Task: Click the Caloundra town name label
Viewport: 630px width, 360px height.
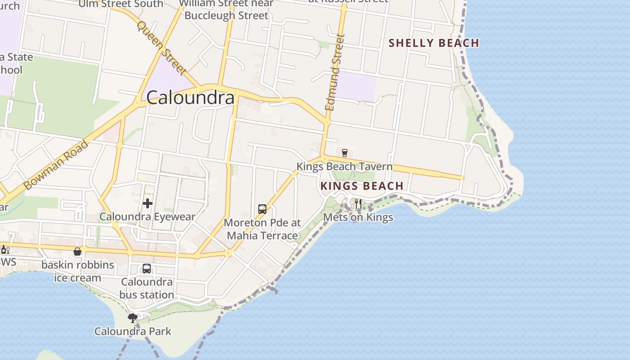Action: point(190,98)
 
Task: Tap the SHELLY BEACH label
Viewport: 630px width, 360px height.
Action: point(433,43)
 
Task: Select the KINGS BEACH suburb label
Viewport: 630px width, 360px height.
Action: point(362,186)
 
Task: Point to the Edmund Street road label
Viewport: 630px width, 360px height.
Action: point(335,72)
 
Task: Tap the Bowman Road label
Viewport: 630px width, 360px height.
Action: point(55,165)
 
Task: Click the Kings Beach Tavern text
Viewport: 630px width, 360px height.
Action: point(344,166)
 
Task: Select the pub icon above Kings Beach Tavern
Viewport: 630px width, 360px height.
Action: point(345,153)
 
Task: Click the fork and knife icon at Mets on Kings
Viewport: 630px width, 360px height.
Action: point(358,204)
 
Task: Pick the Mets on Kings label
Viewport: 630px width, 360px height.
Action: point(358,217)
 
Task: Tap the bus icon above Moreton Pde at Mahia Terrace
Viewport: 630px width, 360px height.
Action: point(262,209)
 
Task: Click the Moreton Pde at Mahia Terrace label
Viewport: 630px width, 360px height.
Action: point(262,229)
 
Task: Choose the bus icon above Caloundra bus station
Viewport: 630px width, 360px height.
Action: point(147,269)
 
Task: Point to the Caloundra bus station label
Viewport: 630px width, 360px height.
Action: point(147,288)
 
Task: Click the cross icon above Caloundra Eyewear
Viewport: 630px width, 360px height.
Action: point(148,203)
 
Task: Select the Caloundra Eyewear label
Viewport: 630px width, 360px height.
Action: point(148,216)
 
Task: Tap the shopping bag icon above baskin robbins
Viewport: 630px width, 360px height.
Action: point(78,251)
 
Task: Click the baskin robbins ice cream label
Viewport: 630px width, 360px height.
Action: point(78,271)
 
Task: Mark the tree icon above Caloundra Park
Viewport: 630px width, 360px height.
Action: point(133,318)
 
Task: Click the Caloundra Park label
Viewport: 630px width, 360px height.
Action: point(133,332)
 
